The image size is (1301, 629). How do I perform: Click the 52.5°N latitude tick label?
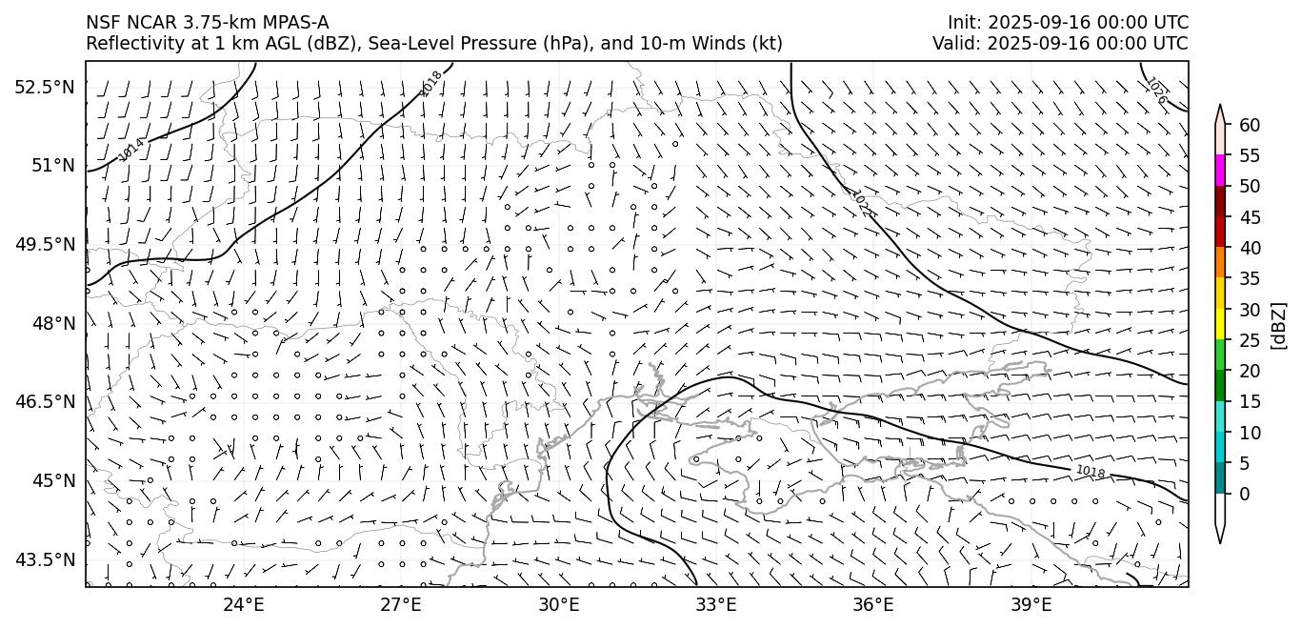tap(44, 87)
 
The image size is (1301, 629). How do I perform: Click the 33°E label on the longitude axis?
tap(716, 605)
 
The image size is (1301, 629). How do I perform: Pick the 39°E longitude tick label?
tap(1031, 605)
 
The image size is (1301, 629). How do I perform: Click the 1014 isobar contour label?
tap(131, 149)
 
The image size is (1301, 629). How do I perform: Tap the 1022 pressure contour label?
tap(864, 203)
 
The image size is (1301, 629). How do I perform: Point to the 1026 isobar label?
tap(1155, 91)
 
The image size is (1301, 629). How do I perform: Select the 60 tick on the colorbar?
tap(1250, 125)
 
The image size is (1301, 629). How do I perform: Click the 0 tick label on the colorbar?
tap(1245, 494)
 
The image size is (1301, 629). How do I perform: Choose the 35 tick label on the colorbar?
tap(1250, 278)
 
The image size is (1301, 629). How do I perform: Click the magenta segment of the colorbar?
tap(1220, 171)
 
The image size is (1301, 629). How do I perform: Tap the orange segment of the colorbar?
tap(1220, 262)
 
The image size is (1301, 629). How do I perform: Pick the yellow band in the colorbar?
tap(1220, 324)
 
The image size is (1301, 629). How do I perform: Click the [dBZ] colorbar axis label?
tap(1278, 325)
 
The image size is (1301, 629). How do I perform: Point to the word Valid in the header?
tap(952, 43)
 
